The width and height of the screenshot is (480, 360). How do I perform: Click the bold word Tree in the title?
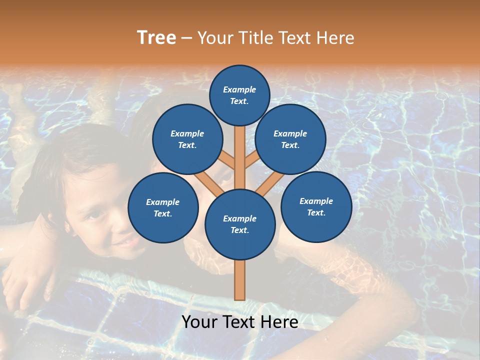156,38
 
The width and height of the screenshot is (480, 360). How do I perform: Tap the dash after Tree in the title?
186,38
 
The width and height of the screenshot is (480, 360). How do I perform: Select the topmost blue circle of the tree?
239,95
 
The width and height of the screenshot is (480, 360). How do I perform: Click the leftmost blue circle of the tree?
163,208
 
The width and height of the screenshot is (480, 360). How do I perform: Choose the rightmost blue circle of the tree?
316,207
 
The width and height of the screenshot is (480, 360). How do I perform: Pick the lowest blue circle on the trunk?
240,224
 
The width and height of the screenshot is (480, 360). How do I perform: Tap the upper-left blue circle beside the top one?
187,139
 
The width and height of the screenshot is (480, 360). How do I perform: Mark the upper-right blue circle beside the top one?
290,139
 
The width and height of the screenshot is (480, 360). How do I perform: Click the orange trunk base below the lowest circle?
240,280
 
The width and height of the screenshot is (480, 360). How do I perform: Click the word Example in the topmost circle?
239,89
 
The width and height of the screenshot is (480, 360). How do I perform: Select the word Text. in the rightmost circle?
316,212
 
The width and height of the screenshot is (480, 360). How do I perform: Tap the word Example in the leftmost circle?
162,202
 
